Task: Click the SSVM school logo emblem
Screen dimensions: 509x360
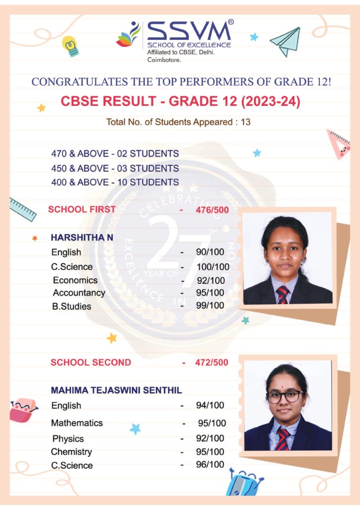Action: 128,35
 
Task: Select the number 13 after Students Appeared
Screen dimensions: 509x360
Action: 246,122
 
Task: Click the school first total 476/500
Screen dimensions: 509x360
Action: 212,210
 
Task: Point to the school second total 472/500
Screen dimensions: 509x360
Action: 212,362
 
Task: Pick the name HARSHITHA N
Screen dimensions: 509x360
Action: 82,238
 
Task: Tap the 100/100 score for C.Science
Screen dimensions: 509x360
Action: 213,267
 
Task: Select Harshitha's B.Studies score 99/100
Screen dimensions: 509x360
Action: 210,305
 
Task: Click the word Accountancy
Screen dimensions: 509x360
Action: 79,293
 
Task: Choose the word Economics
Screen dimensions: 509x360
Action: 75,280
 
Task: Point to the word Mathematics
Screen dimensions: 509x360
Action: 77,423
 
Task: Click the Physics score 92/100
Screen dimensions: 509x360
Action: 210,438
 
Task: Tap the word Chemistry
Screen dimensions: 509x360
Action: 72,452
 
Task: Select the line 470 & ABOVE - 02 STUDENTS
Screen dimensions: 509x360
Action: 115,154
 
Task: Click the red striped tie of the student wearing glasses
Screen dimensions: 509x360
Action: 282,439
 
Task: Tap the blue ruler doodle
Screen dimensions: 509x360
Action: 23,209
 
